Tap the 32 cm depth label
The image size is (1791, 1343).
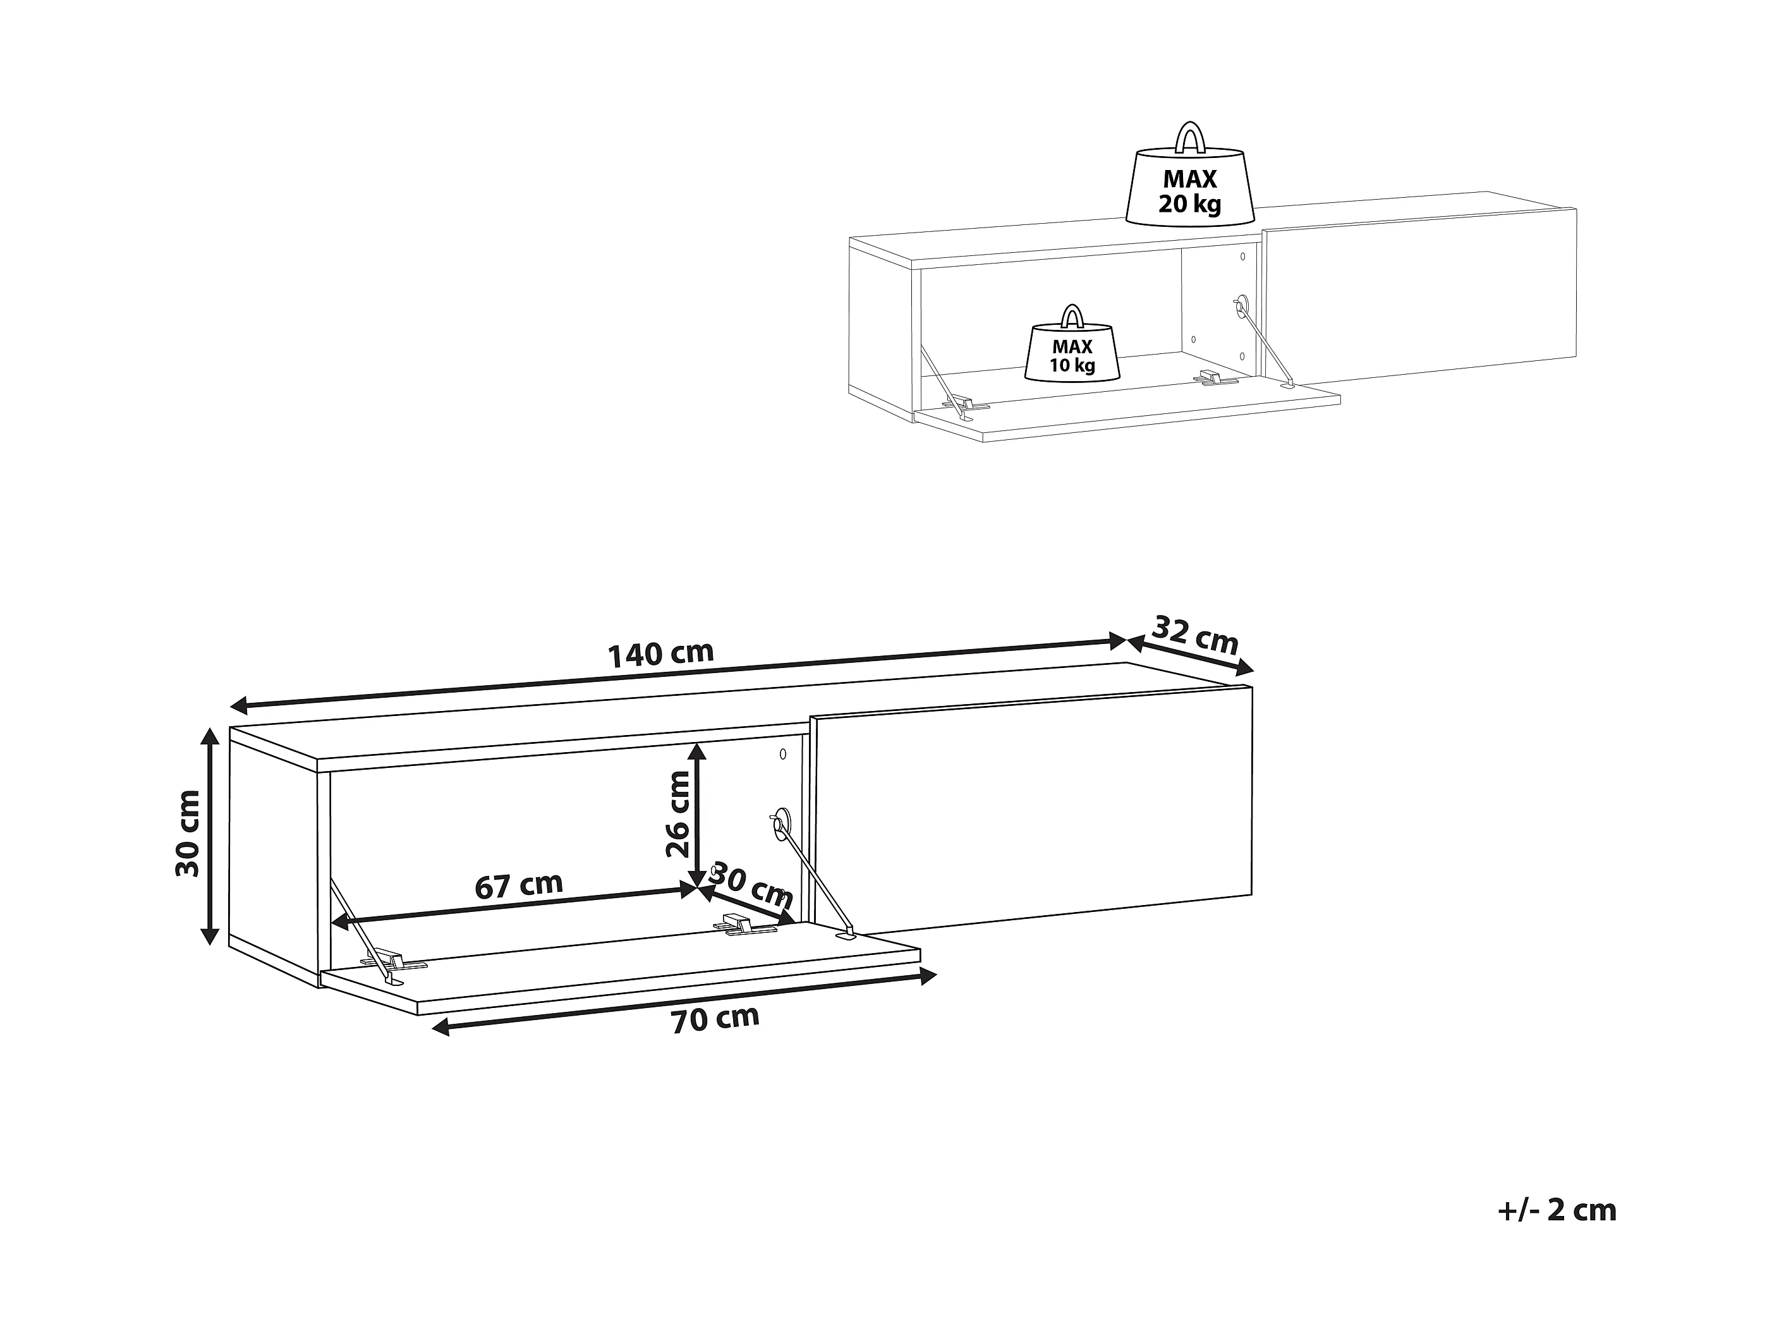pos(1194,636)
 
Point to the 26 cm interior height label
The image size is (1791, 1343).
pos(677,813)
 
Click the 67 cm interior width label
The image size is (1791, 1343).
pos(518,885)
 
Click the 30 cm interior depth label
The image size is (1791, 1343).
pos(751,885)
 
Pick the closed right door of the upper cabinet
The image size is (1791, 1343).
pos(1421,297)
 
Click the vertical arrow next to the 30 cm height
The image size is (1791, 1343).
pos(210,836)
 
